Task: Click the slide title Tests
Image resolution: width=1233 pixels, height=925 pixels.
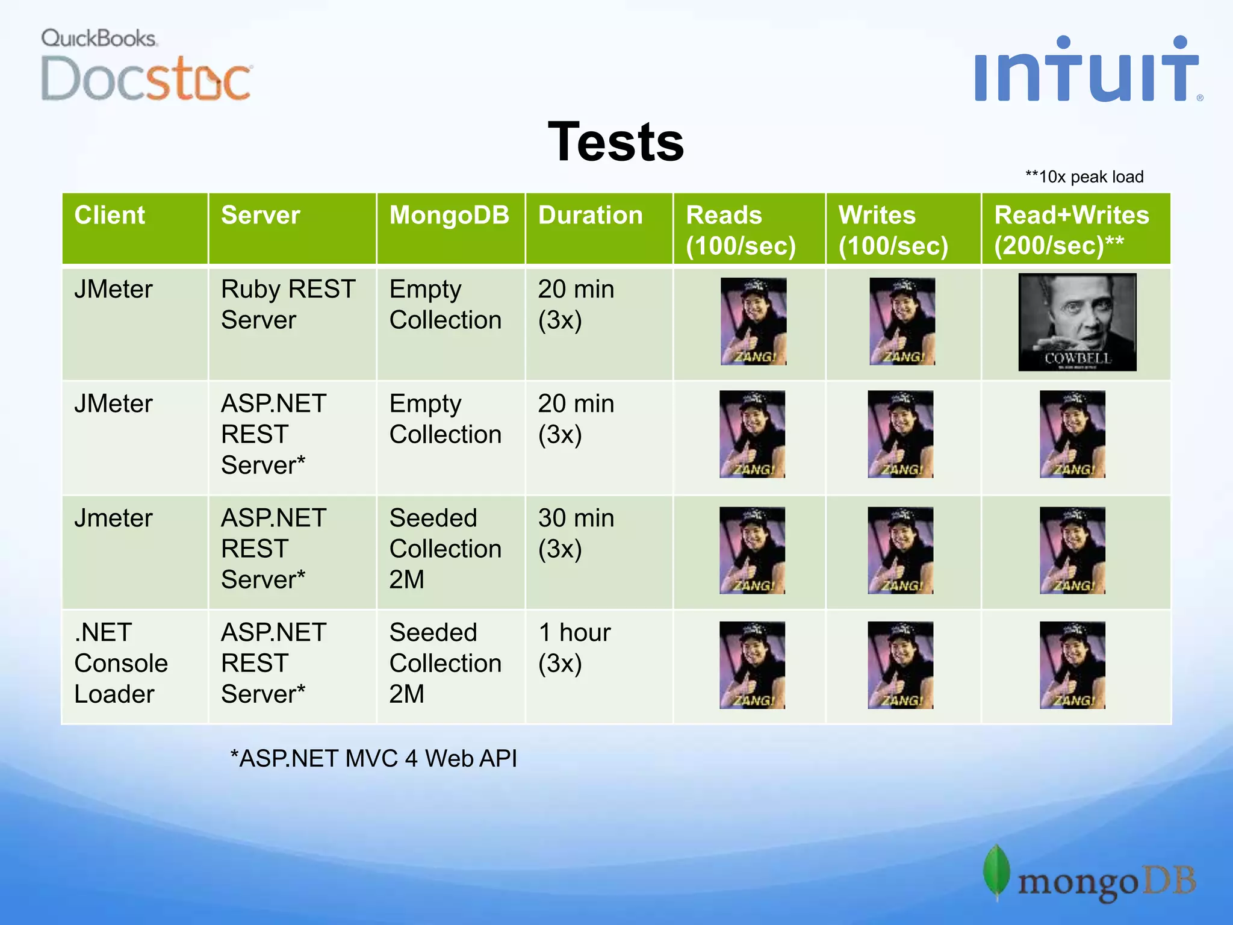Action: (x=615, y=142)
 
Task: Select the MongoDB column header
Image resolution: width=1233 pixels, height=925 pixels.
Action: (x=449, y=216)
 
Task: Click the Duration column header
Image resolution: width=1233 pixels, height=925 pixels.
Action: (x=590, y=216)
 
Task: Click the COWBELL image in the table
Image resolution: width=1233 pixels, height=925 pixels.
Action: (x=1076, y=322)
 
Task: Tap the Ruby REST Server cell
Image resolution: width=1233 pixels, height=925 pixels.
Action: (x=288, y=305)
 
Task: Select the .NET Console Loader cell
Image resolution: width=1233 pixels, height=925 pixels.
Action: (x=120, y=663)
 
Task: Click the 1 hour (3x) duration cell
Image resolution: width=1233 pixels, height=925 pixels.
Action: (x=574, y=648)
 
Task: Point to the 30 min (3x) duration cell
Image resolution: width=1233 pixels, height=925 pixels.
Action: (x=576, y=534)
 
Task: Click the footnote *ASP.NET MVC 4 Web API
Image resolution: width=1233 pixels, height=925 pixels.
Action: (x=373, y=759)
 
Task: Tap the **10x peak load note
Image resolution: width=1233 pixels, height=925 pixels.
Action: (x=1084, y=177)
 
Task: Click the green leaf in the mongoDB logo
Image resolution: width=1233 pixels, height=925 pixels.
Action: (x=996, y=872)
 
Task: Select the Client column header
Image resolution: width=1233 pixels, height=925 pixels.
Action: (x=110, y=216)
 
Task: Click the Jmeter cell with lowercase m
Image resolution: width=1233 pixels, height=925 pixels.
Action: (x=113, y=519)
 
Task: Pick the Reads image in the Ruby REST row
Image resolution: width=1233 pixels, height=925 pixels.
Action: (x=753, y=322)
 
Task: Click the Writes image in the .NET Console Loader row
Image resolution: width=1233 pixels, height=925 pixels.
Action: (x=900, y=665)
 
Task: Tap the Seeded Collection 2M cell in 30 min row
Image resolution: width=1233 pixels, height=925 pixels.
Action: (x=445, y=549)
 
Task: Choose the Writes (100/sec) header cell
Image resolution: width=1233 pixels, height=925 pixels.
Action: (x=893, y=230)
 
